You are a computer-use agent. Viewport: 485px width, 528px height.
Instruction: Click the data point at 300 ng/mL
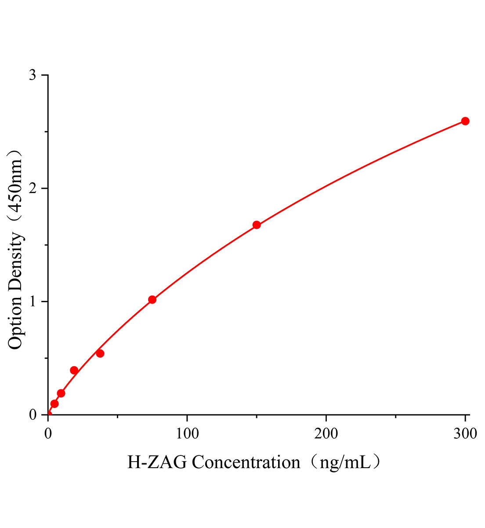[x=465, y=121]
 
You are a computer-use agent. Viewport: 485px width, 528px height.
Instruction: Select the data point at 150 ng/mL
[x=257, y=225]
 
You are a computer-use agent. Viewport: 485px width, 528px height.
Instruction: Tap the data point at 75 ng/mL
[x=152, y=300]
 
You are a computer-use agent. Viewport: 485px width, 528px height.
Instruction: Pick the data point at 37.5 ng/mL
[x=100, y=353]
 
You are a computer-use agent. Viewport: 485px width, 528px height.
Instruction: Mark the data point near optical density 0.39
[x=74, y=370]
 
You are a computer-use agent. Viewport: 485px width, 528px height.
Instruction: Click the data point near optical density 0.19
[x=61, y=393]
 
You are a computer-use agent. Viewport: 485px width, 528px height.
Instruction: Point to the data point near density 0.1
[x=54, y=403]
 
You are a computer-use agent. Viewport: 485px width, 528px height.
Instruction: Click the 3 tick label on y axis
[x=32, y=75]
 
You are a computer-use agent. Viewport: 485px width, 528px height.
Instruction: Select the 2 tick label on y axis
[x=32, y=188]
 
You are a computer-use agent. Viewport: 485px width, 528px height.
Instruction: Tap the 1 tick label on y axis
[x=32, y=302]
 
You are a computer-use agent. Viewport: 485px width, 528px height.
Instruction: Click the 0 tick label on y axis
[x=32, y=415]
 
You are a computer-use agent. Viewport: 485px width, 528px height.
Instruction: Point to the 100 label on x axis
[x=187, y=434]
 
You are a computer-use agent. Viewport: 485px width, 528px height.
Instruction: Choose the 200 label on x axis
[x=326, y=434]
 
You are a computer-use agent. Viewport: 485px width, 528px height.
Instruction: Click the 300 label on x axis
[x=464, y=434]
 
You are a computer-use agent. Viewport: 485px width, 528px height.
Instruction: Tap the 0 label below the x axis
[x=48, y=434]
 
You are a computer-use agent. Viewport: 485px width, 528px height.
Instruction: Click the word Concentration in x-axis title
[x=246, y=463]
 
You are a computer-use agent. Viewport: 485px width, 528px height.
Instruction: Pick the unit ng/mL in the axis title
[x=345, y=463]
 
